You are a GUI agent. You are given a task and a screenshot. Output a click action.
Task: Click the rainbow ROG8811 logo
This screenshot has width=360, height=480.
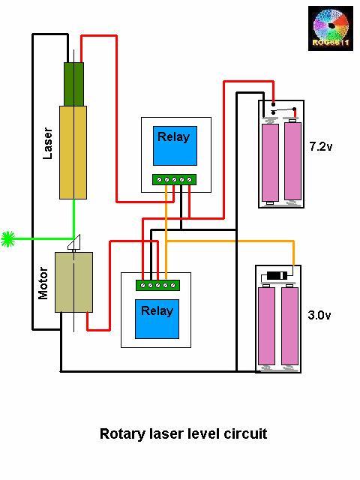331,28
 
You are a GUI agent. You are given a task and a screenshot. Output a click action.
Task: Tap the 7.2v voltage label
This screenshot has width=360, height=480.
320,146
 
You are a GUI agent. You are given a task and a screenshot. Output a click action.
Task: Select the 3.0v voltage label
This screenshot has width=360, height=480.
319,316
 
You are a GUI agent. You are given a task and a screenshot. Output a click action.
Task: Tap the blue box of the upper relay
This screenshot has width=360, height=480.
174,146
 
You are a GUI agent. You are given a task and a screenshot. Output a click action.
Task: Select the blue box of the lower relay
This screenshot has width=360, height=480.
155,319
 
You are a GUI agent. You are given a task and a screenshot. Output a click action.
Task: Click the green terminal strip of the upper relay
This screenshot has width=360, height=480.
174,179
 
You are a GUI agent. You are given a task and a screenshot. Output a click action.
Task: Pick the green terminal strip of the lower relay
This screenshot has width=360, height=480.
155,285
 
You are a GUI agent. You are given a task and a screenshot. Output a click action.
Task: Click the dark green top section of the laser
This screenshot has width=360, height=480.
73,84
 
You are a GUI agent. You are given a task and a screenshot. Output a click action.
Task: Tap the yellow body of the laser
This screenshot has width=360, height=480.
73,151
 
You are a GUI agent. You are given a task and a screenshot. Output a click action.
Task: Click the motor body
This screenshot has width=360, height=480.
73,282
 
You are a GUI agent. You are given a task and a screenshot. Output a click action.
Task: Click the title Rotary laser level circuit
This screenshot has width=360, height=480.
183,433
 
